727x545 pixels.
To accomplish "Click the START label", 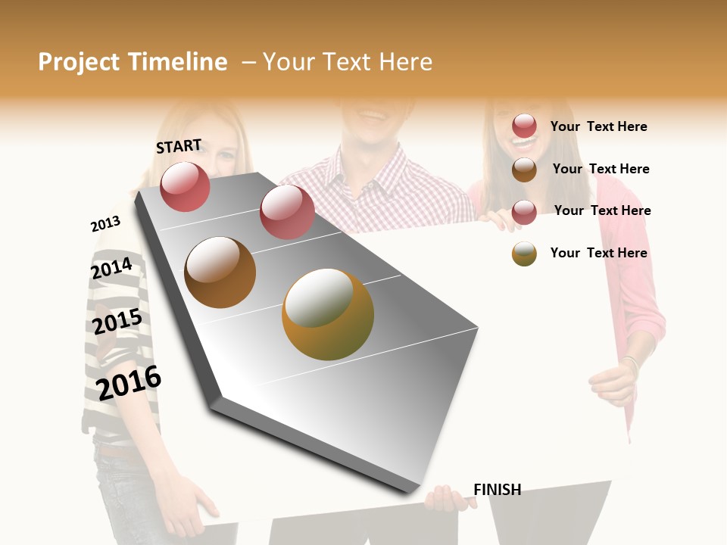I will point(179,146).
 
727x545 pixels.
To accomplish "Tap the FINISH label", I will point(497,490).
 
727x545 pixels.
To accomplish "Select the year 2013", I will point(105,223).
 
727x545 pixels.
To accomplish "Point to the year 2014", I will point(111,268).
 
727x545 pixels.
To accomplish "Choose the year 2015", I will point(117,322).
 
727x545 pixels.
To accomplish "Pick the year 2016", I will point(129,382).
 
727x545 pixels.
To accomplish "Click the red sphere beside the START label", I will point(185,186).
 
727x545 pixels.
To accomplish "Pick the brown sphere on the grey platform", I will point(220,272).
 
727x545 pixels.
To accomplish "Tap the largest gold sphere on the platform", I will point(328,314).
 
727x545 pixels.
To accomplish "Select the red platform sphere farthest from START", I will point(287,212).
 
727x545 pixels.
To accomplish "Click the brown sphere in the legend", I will point(524,170).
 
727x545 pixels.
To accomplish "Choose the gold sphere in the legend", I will point(524,254).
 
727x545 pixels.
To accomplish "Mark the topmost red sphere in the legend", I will point(524,126).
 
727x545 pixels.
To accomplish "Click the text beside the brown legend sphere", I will point(601,169).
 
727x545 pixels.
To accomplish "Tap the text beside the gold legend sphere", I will point(598,253).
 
